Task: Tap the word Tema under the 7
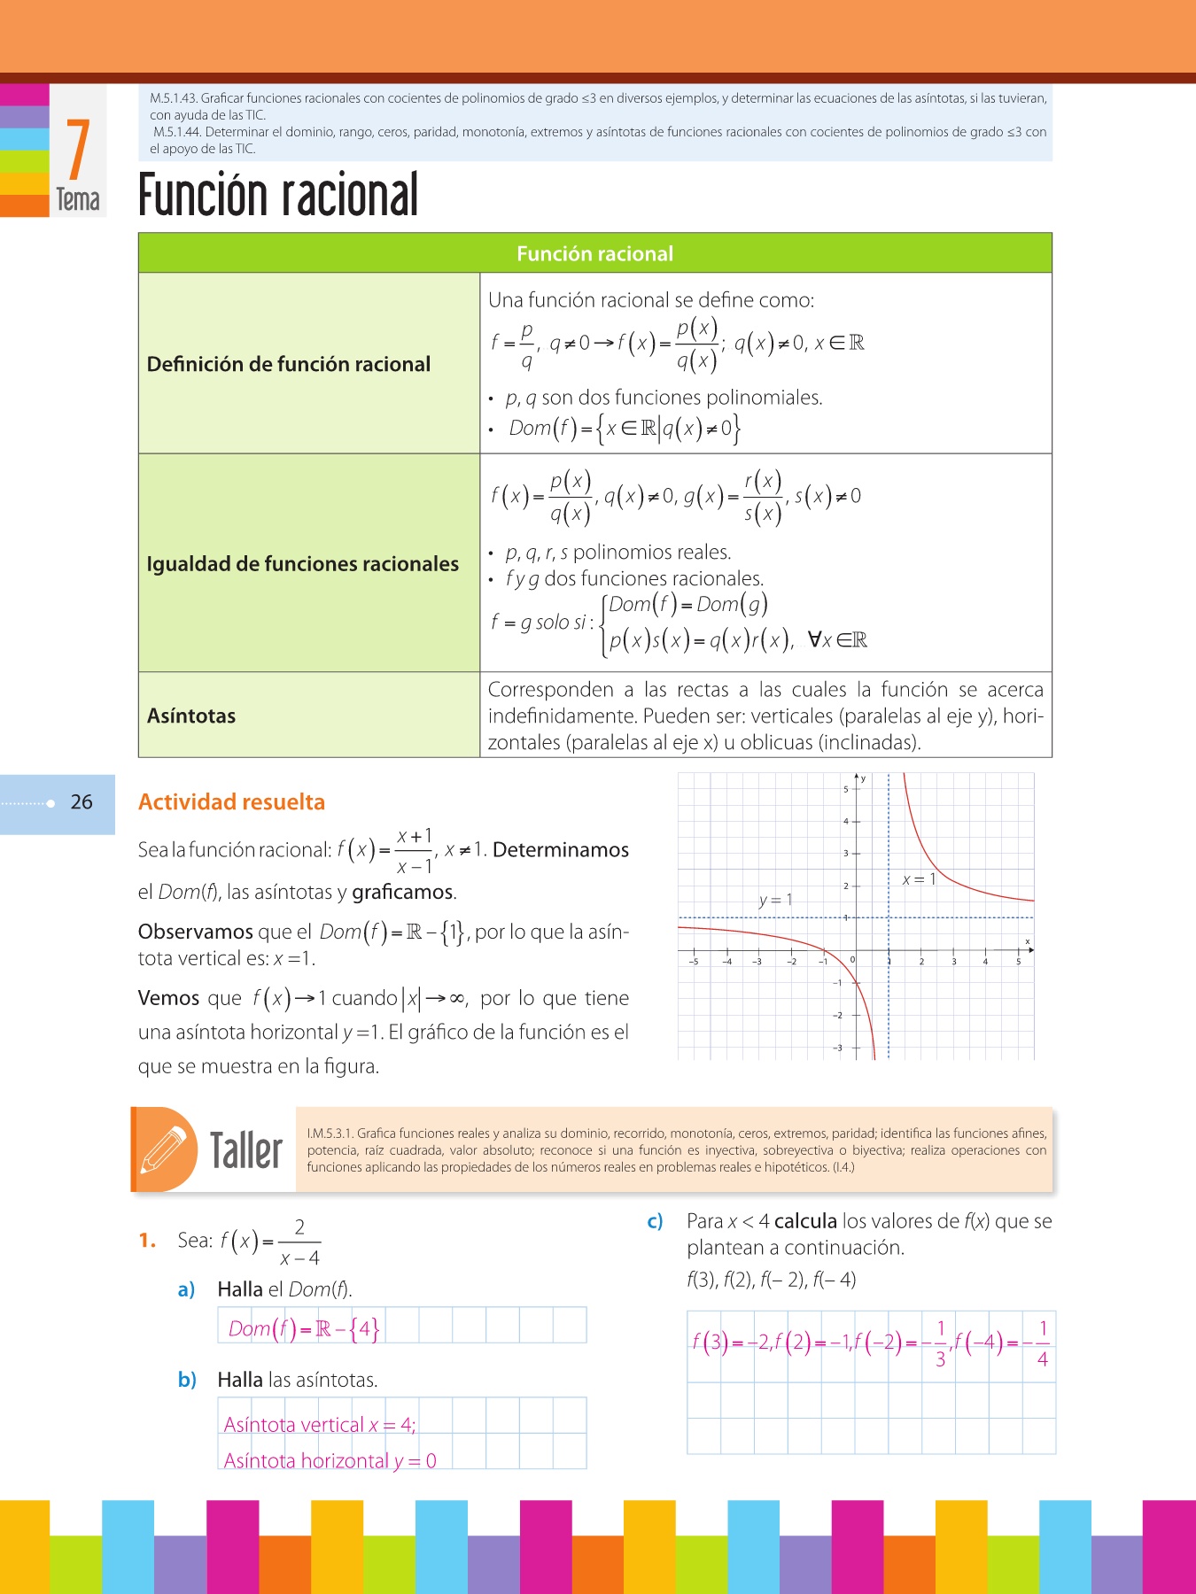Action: tap(78, 200)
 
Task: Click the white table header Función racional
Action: tap(594, 254)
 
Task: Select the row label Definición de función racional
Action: tap(289, 364)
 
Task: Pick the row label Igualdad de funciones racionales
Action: tap(303, 564)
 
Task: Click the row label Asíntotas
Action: tap(191, 716)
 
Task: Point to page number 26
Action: tap(82, 802)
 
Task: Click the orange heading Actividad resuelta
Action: tap(231, 802)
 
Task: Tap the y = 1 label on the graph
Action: tap(775, 900)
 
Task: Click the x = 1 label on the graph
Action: tap(919, 879)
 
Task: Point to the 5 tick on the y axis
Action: tap(845, 789)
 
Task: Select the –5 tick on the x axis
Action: tap(694, 962)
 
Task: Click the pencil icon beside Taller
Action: tap(164, 1149)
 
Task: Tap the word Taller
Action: tap(246, 1150)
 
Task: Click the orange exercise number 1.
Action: tap(147, 1241)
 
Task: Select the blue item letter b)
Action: tap(186, 1380)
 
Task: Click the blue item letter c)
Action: tap(655, 1222)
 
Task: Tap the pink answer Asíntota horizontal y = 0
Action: tap(330, 1460)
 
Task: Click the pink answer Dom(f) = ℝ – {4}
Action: tap(304, 1328)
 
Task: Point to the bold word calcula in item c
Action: tap(805, 1221)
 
